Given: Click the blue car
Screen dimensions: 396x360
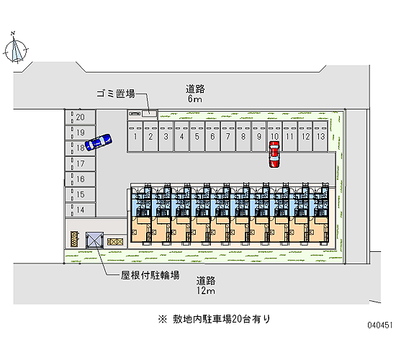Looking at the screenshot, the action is [99, 143].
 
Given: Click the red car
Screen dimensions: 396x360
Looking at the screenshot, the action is [274, 154].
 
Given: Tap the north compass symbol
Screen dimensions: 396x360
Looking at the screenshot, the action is [16, 49].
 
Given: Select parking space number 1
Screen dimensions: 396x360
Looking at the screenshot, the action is [135, 137].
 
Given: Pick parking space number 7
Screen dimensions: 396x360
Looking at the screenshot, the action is [228, 137].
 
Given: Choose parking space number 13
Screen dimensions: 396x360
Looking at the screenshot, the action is [320, 137].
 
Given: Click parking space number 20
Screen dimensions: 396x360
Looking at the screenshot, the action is [81, 117].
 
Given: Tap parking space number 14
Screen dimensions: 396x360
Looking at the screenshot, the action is [81, 210].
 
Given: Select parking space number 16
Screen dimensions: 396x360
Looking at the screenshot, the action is [81, 179].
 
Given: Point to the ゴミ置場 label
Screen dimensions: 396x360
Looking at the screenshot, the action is [116, 94].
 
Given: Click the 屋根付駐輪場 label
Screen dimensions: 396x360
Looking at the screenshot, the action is [150, 275].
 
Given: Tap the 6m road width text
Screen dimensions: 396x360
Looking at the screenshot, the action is [194, 99].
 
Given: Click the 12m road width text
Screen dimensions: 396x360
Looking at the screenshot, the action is [206, 291].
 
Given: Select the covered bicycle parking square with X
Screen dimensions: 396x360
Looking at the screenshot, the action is [94, 240].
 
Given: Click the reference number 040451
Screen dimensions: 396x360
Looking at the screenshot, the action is [380, 325].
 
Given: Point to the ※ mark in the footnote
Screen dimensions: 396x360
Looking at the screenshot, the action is [163, 319].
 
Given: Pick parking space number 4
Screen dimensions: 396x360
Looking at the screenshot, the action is [181, 137].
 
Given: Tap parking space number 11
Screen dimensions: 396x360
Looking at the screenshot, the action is [289, 137].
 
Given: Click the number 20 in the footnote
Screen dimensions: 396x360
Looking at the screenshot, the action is [237, 320].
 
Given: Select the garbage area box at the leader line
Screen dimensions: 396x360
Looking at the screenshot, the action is [150, 114].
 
